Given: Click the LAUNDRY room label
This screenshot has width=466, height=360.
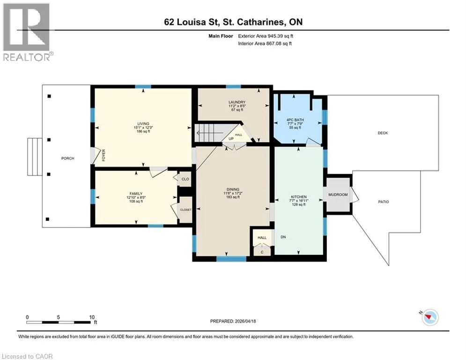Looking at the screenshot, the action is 237,102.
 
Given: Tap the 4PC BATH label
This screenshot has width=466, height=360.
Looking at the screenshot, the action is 295,120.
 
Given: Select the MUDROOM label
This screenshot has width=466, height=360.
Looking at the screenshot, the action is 338,195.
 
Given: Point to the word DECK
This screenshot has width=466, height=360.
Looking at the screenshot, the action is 383,133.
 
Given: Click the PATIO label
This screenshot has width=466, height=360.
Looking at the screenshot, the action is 384,202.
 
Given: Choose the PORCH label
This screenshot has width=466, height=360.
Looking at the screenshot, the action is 68,158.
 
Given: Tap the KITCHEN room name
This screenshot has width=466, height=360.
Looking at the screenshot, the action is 299,197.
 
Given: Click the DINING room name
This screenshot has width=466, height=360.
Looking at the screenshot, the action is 233,189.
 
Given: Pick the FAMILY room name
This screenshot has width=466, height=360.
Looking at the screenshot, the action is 136,194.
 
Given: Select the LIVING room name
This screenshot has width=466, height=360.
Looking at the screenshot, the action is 143,124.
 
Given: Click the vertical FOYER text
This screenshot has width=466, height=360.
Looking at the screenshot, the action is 104,155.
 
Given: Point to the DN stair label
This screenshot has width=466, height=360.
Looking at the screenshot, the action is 283,237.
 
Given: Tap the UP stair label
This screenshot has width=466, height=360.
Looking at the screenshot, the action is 231,139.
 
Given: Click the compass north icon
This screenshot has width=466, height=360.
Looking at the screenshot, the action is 430,317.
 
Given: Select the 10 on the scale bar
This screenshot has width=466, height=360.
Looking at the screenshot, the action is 92,317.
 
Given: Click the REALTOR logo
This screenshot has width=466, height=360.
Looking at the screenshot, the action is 27,32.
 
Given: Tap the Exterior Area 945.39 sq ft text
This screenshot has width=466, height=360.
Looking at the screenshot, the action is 266,36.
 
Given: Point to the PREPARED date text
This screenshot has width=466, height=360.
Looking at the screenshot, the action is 233,321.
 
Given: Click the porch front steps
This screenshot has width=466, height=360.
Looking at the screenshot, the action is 35,157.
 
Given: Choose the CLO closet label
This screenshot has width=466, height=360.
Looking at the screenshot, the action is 185,179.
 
